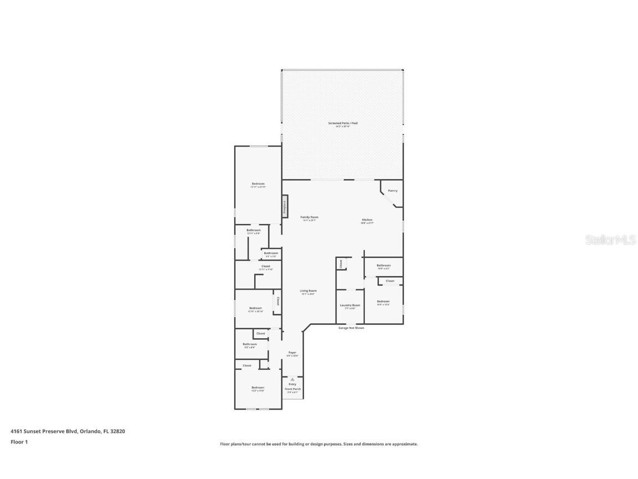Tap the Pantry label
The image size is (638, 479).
(393, 191)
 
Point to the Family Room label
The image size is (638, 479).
(310, 217)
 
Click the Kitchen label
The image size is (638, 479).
(367, 220)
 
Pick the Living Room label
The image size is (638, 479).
(308, 291)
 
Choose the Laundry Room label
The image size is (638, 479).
(349, 305)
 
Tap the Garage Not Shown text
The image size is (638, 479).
(351, 328)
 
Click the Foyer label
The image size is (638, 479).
(292, 353)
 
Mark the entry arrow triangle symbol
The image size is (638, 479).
(292, 379)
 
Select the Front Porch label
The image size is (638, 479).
(292, 389)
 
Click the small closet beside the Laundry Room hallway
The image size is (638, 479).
(341, 264)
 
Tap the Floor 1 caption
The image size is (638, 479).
(19, 442)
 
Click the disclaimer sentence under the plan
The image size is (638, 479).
(319, 444)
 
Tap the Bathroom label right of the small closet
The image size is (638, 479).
(384, 266)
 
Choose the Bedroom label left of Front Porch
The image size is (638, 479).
(258, 388)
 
